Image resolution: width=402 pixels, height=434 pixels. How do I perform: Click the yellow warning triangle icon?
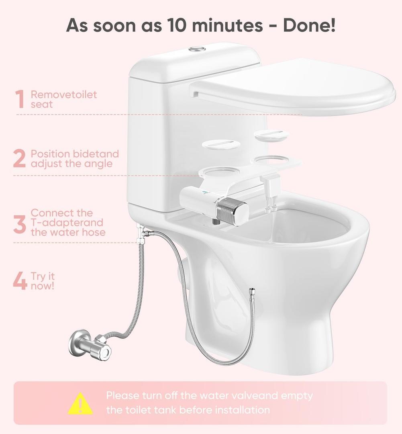pyautogui.click(x=80, y=403)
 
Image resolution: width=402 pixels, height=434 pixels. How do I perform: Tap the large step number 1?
pyautogui.click(x=20, y=99)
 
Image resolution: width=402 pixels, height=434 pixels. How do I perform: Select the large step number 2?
pyautogui.click(x=19, y=159)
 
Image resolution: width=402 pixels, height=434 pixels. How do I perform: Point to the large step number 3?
pyautogui.click(x=19, y=224)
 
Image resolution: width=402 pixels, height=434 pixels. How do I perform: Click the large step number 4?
pyautogui.click(x=20, y=281)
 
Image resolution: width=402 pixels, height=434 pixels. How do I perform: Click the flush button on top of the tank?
pyautogui.click(x=197, y=49)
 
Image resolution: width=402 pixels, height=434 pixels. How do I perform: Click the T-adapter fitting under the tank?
pyautogui.click(x=141, y=234)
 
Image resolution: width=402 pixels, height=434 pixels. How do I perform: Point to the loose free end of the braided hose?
pyautogui.click(x=252, y=291)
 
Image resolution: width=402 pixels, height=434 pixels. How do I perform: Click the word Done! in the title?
pyautogui.click(x=309, y=25)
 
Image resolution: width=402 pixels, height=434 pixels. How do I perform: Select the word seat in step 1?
pyautogui.click(x=41, y=104)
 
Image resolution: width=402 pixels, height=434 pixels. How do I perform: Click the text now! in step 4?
pyautogui.click(x=43, y=286)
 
